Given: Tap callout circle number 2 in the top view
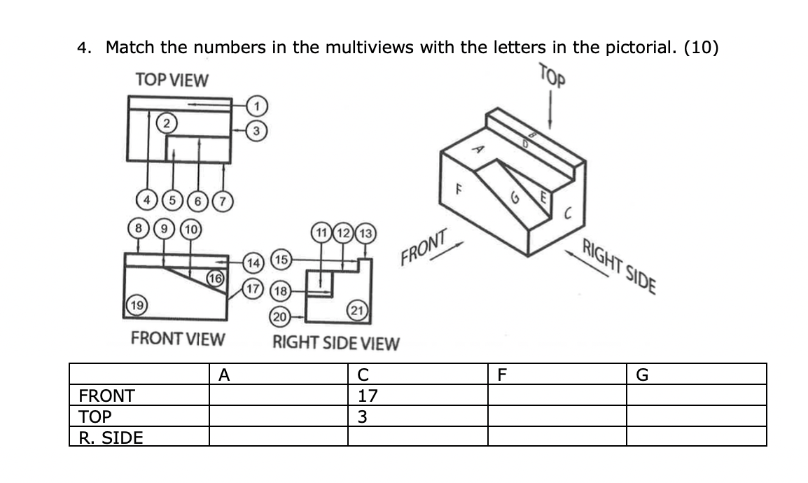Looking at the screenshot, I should point(166,123).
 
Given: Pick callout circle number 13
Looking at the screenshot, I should point(367,232).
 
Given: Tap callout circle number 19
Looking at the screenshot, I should point(137,304).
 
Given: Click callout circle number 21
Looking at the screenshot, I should point(356,310).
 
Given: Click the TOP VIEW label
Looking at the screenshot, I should point(172,80).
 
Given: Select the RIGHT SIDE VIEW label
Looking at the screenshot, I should point(335,343).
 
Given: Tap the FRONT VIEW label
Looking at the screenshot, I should point(178,339).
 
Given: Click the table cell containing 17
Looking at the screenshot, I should point(368,395).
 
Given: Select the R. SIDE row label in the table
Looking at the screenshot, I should point(111,438).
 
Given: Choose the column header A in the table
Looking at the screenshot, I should point(224,375).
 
